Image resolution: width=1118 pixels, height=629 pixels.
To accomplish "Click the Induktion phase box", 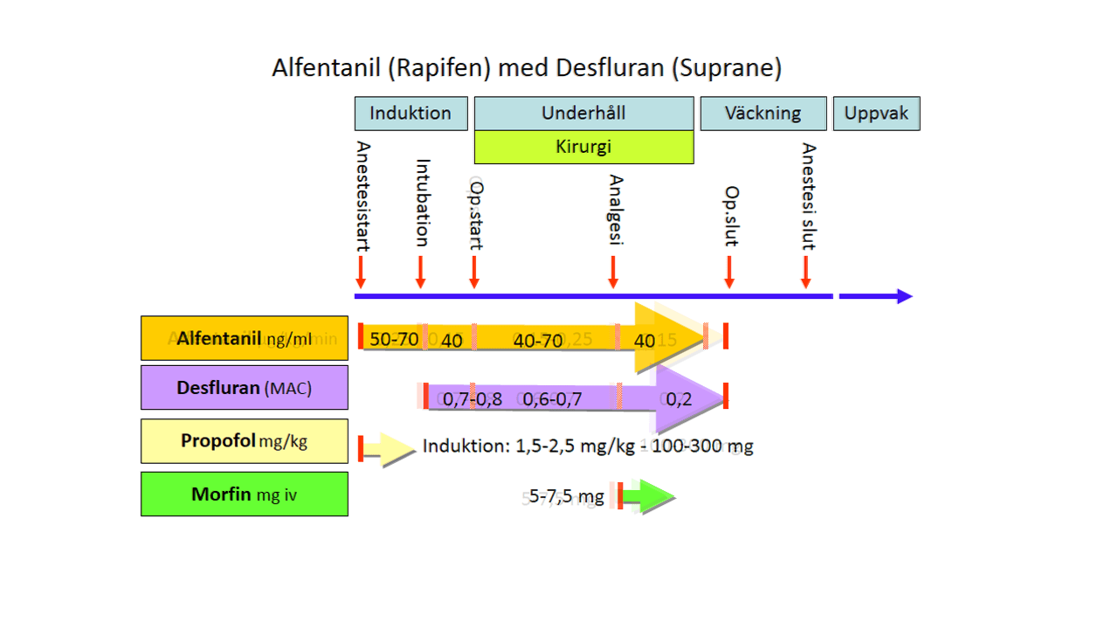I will click(411, 114).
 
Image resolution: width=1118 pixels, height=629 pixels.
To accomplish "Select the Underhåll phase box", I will click(583, 114).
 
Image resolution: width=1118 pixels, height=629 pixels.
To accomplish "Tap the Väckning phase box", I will click(763, 114).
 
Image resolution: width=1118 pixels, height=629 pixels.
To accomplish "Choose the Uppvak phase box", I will click(876, 114).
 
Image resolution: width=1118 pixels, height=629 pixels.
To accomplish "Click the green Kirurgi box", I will click(583, 147).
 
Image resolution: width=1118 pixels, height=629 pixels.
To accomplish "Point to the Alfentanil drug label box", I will click(245, 338).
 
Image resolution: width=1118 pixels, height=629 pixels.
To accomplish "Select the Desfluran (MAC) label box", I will click(245, 387).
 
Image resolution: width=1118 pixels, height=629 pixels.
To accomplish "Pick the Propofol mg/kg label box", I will click(245, 441).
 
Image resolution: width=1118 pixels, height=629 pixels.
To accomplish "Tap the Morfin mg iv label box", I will click(245, 494).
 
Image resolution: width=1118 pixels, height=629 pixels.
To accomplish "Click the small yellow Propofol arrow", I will click(388, 449).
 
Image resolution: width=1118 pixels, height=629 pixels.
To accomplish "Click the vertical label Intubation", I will click(422, 203).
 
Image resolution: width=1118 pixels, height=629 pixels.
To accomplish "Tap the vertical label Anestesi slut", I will click(809, 197).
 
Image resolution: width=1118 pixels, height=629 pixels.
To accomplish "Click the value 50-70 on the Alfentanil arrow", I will click(394, 339).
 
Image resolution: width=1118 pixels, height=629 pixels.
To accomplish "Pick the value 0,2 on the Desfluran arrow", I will click(679, 399).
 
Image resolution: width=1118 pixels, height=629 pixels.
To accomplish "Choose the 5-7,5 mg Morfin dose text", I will click(566, 498).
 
